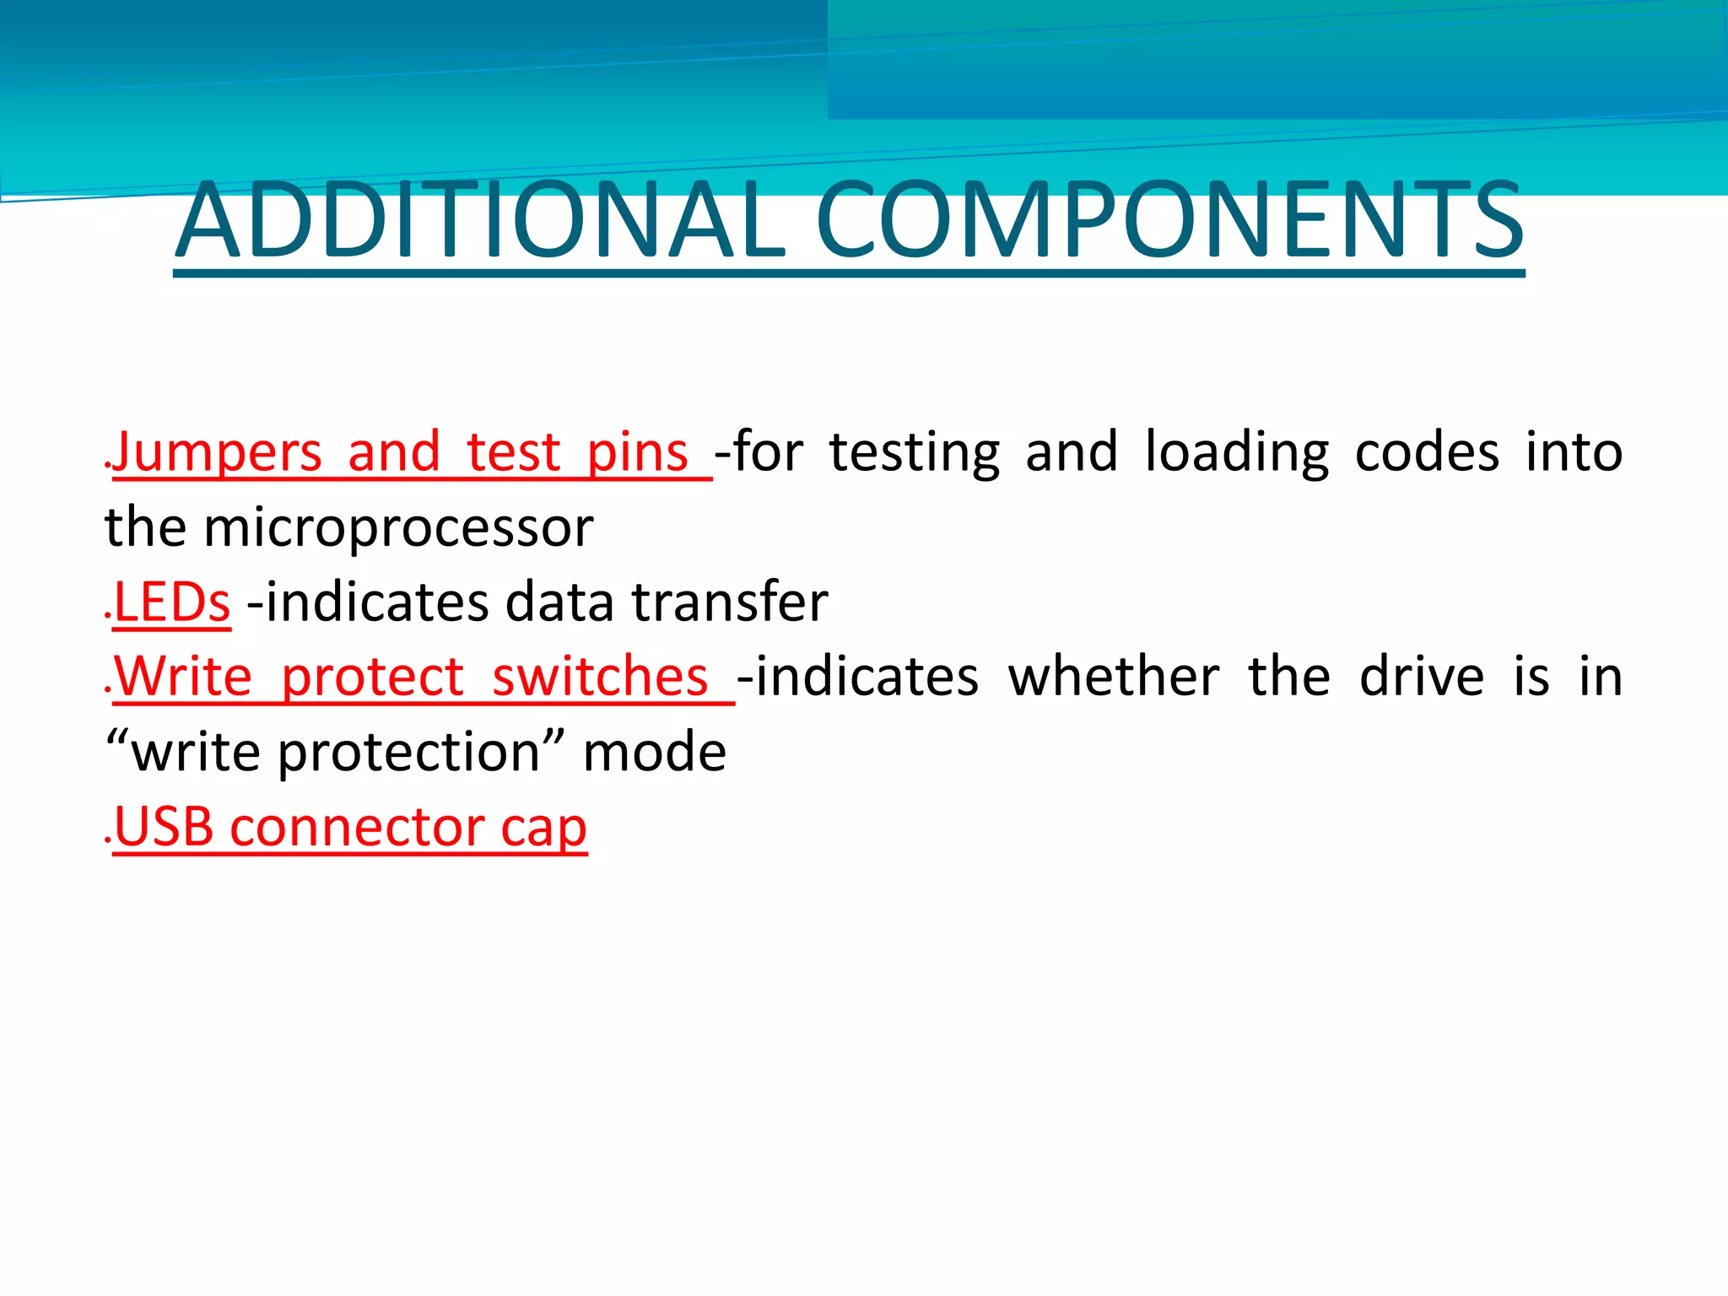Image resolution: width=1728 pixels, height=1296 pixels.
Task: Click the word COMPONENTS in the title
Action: coord(1169,221)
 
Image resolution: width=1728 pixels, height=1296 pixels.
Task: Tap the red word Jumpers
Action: coord(218,452)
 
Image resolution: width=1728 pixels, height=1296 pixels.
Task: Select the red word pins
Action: coord(637,454)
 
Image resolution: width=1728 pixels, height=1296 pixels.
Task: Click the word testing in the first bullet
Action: coord(914,454)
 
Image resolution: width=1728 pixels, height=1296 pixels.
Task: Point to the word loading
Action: coord(1236,454)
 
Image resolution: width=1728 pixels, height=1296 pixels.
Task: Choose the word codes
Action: coord(1427,452)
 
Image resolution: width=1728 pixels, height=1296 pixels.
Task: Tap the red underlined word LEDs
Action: coord(172,602)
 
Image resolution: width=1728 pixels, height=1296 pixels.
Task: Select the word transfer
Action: coord(730,602)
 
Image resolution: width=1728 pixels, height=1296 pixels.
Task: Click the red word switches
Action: coord(600,677)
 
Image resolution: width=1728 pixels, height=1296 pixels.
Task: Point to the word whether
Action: coord(1114,677)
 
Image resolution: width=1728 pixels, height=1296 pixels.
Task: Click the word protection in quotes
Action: coord(409,753)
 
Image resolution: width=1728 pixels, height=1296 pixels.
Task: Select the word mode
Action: coord(655,753)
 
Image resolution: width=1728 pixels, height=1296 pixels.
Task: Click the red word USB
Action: coord(164,827)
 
